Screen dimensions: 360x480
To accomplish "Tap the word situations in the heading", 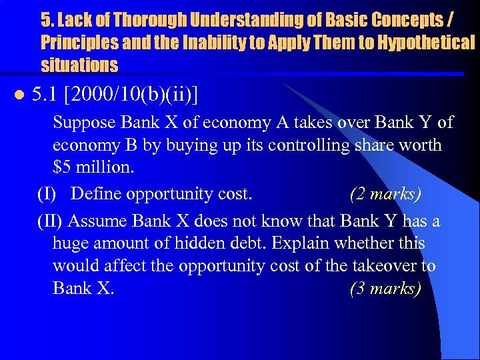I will pos(79,65).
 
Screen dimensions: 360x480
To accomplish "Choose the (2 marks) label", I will pos(385,193).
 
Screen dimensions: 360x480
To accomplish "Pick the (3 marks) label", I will pos(385,289).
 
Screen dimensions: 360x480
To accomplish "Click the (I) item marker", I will pos(47,193).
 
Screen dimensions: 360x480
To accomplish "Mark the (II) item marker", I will pos(50,221).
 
